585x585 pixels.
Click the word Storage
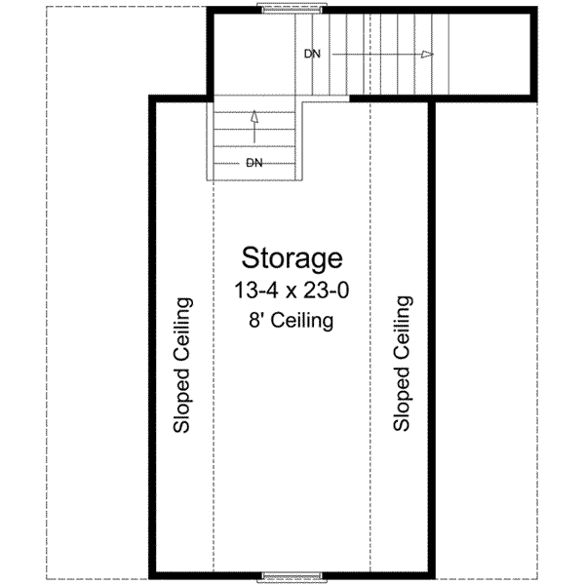click(292, 258)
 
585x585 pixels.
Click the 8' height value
click(260, 320)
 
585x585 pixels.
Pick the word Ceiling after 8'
click(303, 320)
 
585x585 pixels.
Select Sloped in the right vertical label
click(400, 395)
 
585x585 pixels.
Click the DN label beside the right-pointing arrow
click(311, 55)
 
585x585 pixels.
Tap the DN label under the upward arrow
click(253, 162)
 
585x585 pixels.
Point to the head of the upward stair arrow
click(254, 115)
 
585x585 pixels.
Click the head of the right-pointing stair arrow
click(427, 55)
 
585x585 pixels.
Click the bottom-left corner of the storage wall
click(151, 577)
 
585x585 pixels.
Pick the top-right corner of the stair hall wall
click(533, 11)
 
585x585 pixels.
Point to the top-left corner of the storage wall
click(151, 97)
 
